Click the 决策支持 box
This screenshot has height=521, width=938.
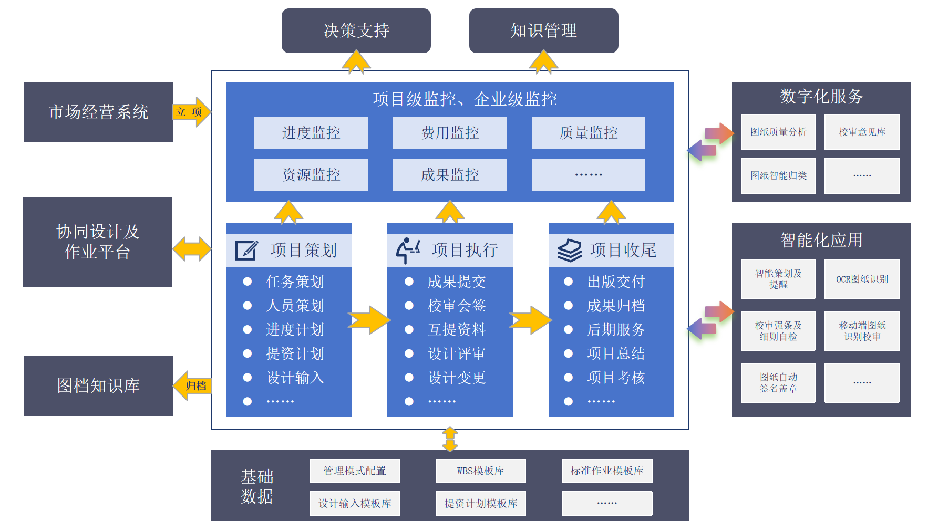pos(356,30)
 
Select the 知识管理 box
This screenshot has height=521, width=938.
pos(543,30)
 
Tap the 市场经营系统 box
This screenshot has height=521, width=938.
pos(98,112)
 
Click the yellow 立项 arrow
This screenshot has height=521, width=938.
pos(191,112)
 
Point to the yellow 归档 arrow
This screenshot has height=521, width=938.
pos(192,386)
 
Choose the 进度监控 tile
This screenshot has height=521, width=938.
pos(311,133)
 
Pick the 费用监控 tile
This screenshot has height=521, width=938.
pos(449,133)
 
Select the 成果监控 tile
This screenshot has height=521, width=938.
pos(449,175)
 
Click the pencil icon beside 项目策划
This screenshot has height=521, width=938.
pos(246,251)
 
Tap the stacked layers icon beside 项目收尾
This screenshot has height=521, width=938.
pos(569,251)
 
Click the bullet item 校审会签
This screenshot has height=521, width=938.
pos(456,306)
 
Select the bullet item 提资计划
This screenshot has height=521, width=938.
pos(295,353)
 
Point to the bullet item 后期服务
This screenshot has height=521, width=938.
pos(615,330)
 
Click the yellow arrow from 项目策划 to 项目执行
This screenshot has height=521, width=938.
pos(369,320)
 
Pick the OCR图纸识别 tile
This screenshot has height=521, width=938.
pos(862,279)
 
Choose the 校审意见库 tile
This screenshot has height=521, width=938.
pos(862,132)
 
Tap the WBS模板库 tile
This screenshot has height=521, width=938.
pos(480,471)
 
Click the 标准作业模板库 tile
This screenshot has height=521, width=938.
pos(607,471)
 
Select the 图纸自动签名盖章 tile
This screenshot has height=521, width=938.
pos(778,383)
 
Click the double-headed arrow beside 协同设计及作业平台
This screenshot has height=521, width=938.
pos(192,248)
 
